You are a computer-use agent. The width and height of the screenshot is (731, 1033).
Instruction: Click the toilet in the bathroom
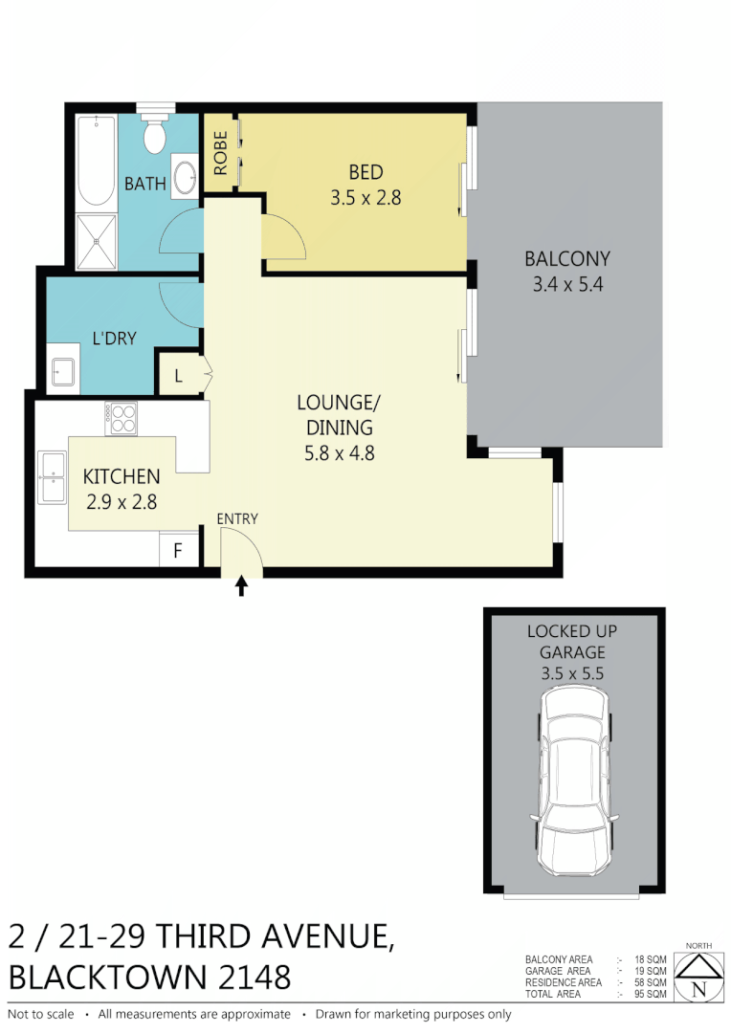coord(154,135)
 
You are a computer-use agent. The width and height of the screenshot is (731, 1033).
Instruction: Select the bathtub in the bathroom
coord(96,161)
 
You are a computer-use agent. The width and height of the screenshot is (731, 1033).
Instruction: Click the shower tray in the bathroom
coord(96,241)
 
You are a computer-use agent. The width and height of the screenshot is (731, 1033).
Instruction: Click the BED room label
coord(365,172)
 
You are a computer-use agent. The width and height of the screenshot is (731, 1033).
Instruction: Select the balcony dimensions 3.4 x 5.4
coord(566,283)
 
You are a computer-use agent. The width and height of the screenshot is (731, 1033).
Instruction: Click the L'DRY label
coord(114,338)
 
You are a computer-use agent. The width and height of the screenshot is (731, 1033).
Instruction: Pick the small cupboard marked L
coord(179,376)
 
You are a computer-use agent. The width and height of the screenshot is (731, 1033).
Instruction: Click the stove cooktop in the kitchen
coord(122,417)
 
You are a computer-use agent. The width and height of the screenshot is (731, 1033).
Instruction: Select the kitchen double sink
coord(52,476)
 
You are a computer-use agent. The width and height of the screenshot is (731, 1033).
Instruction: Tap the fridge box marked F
coord(178,551)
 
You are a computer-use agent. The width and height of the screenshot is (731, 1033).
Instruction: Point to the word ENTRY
coord(237,518)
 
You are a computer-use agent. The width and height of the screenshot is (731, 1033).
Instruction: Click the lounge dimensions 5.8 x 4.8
coord(339,453)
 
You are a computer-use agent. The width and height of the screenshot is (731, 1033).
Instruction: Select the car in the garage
coord(573,787)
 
